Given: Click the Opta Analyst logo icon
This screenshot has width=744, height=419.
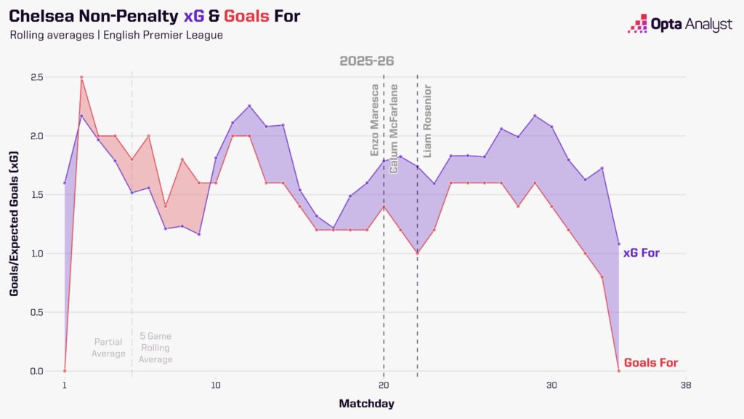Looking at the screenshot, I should click(637, 24).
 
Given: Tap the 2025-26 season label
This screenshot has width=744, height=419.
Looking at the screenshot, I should click(367, 60).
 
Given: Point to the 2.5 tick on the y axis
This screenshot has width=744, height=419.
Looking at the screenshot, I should click(36, 77).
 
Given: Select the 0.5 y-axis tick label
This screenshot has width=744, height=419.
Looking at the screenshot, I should click(36, 312).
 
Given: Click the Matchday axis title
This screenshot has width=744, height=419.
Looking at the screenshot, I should click(366, 403).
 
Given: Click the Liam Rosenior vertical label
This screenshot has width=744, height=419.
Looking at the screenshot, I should click(428, 121).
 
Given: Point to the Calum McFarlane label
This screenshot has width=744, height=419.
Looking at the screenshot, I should click(395, 129).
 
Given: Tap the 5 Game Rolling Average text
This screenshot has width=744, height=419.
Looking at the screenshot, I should click(155, 348).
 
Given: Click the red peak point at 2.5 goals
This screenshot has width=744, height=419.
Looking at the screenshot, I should click(81, 77).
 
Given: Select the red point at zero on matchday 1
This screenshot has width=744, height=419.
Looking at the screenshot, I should click(65, 371).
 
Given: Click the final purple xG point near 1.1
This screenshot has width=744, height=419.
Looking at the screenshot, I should click(618, 244).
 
